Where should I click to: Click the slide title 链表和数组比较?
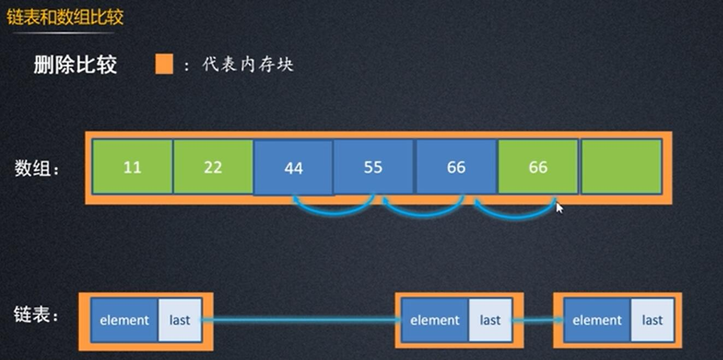click(x=65, y=17)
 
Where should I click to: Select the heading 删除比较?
click(x=75, y=65)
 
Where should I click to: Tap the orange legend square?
click(x=164, y=64)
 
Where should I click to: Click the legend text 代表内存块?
click(x=248, y=65)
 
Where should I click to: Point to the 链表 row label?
click(x=36, y=315)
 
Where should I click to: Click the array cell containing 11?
click(x=132, y=167)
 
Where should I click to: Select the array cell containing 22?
click(x=213, y=167)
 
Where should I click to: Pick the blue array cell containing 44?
click(x=293, y=168)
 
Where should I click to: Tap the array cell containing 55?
click(x=373, y=167)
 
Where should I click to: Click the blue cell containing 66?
click(x=456, y=167)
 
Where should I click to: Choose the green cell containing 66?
click(x=538, y=167)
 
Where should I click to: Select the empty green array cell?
click(x=621, y=167)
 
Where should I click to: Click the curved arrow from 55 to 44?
click(x=333, y=209)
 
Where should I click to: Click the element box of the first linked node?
click(x=125, y=320)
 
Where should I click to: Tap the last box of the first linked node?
click(x=179, y=320)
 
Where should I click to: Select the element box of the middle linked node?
click(x=435, y=320)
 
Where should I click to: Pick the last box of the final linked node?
click(x=652, y=320)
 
